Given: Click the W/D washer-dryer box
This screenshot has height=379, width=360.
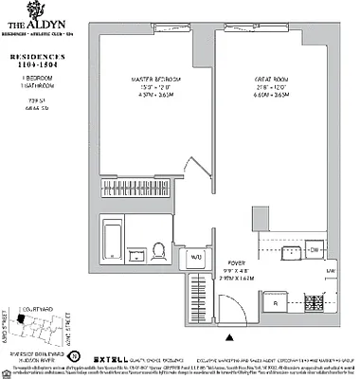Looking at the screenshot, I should [197, 256].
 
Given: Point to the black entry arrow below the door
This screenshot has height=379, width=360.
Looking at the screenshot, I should [228, 335].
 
